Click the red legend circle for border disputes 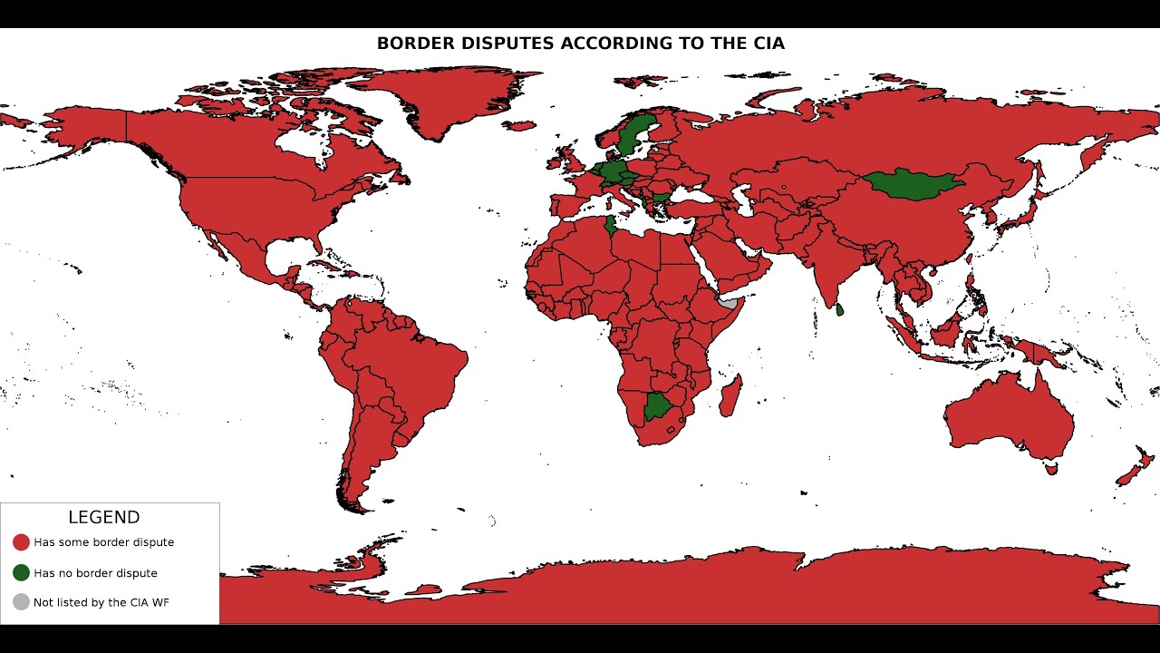pos(21,542)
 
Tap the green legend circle pos(21,573)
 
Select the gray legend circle pos(21,602)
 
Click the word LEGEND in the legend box pos(104,518)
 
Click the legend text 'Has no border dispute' pos(95,573)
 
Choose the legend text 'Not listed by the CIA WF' pos(101,602)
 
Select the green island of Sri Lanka pos(839,310)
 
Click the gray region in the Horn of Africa pos(730,304)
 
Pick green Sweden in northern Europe pos(633,136)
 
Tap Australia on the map pos(1010,417)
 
